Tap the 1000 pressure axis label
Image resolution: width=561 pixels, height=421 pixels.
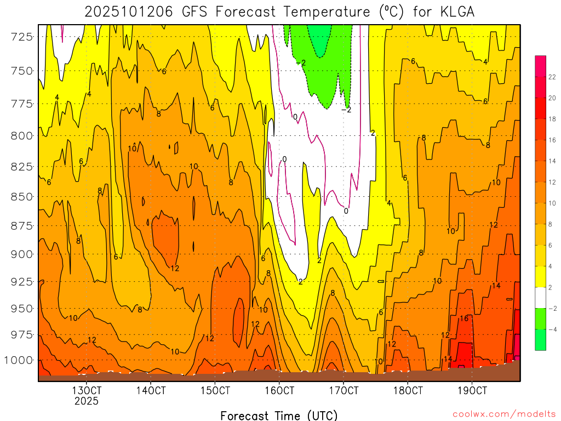pos(18,360)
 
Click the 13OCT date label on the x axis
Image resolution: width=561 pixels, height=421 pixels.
pos(87,391)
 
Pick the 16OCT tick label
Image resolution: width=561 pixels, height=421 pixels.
pos(279,391)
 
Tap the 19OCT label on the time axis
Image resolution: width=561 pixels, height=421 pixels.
pos(472,391)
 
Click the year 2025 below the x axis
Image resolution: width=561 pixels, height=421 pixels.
pos(87,401)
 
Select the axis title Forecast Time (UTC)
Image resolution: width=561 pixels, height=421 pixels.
pos(279,415)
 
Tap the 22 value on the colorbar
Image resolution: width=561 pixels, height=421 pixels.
pos(551,66)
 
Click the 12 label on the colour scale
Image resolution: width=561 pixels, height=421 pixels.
pos(551,181)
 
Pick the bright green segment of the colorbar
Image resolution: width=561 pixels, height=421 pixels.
pos(540,318)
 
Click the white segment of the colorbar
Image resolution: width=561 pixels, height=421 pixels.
pos(540,297)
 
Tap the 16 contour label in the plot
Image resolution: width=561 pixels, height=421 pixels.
pos(463,318)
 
